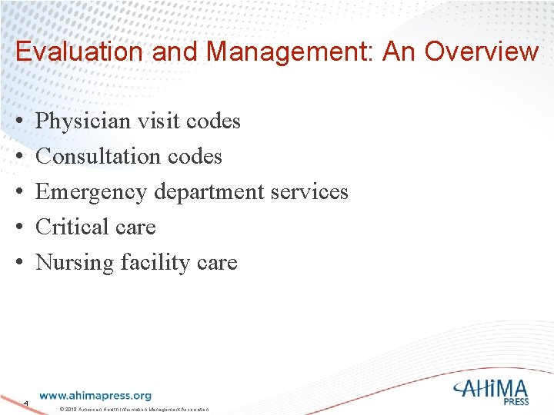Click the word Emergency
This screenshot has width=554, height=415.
tap(92, 191)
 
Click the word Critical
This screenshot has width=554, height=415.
tap(70, 227)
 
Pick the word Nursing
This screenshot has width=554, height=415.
tap(75, 263)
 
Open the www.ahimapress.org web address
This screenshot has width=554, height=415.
tap(95, 395)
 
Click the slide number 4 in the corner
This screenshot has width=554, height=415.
tap(25, 403)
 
